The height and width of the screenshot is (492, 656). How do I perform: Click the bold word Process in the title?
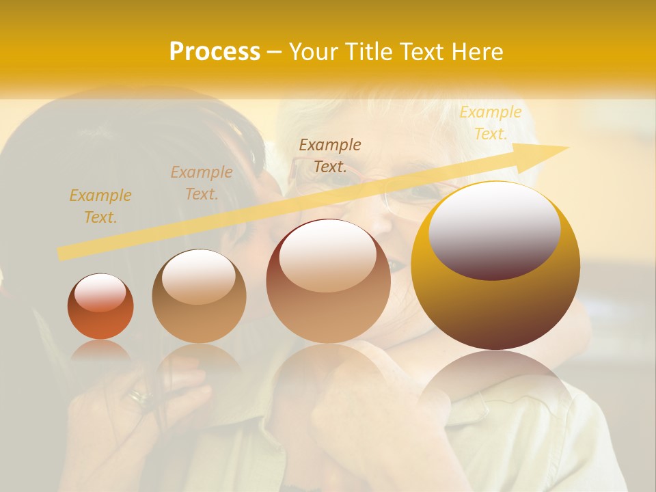point(215,51)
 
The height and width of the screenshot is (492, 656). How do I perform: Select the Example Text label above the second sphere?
point(202,183)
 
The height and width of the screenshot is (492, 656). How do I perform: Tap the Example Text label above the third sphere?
point(330,155)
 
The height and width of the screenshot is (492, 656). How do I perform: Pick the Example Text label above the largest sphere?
point(490,123)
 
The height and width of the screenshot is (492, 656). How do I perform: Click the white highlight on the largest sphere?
point(495,229)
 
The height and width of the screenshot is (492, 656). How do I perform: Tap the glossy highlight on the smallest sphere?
point(100,293)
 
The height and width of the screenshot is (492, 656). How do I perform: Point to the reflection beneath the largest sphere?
point(495,383)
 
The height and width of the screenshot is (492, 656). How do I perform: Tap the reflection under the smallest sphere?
point(100,351)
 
